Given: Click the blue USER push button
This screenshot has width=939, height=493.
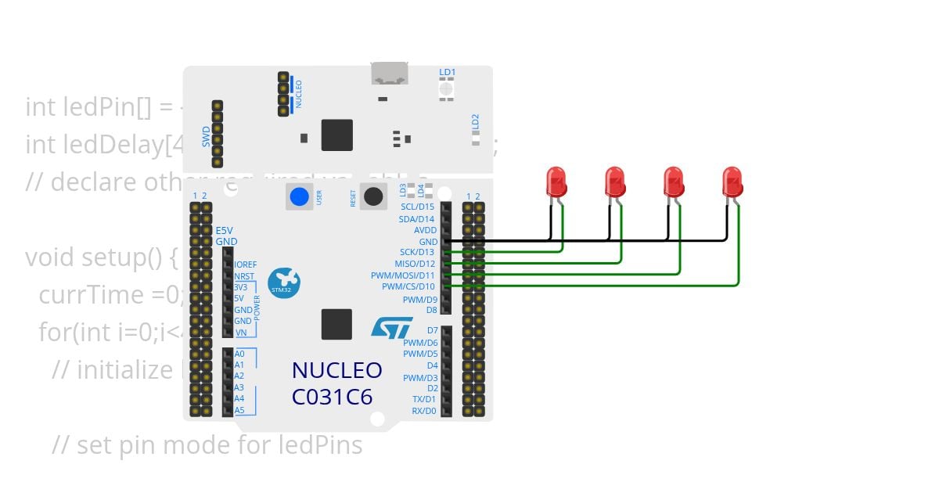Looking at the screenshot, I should pyautogui.click(x=299, y=196).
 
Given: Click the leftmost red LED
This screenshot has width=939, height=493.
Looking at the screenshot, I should pyautogui.click(x=556, y=182).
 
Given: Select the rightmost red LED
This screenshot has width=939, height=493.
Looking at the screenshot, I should pyautogui.click(x=732, y=182).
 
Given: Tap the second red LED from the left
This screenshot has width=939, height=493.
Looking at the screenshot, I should pyautogui.click(x=615, y=182).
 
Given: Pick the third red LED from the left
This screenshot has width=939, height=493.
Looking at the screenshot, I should pyautogui.click(x=673, y=182).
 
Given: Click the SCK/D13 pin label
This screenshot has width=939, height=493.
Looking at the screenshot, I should pyautogui.click(x=417, y=252).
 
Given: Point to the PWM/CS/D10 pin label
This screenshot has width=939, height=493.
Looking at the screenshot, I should pyautogui.click(x=408, y=286).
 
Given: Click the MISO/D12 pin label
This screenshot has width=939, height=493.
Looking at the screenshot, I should pyautogui.click(x=415, y=264).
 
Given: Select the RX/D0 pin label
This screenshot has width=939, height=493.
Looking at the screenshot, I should pyautogui.click(x=423, y=411).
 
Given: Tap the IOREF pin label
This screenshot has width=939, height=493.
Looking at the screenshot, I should pyautogui.click(x=245, y=264).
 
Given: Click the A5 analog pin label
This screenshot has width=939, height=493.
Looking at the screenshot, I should pyautogui.click(x=239, y=410).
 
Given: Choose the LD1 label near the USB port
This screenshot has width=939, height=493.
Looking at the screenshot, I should pyautogui.click(x=447, y=72).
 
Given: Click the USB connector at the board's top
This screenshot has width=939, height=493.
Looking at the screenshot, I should pyautogui.click(x=390, y=74).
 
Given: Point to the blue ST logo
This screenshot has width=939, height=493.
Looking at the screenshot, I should pyautogui.click(x=391, y=327).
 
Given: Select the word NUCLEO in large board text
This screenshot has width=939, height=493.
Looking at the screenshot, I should pyautogui.click(x=336, y=370).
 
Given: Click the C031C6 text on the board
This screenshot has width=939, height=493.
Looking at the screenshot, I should pyautogui.click(x=332, y=397).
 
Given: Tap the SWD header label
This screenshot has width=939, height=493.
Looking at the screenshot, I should pyautogui.click(x=206, y=137).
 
